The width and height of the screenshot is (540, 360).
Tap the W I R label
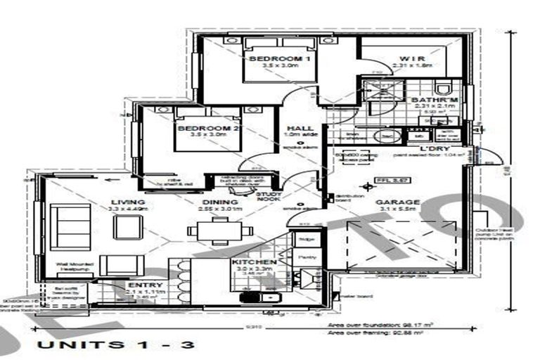click(x=410, y=58)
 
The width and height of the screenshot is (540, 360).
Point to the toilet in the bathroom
click(x=442, y=88)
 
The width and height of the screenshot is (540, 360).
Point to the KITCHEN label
click(x=252, y=262)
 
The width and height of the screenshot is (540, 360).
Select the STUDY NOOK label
click(x=269, y=196)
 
